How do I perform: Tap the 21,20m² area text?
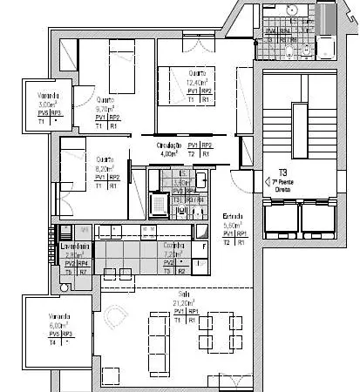pyautogui.click(x=183, y=303)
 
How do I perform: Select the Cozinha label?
pyautogui.click(x=174, y=247)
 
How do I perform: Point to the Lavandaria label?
pyautogui.click(x=73, y=247)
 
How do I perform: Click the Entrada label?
pyautogui.click(x=233, y=216)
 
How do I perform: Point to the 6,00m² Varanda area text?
pyautogui.click(x=47, y=324)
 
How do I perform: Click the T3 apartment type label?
pyautogui.click(x=282, y=172)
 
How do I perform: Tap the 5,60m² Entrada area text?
pyautogui.click(x=233, y=225)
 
